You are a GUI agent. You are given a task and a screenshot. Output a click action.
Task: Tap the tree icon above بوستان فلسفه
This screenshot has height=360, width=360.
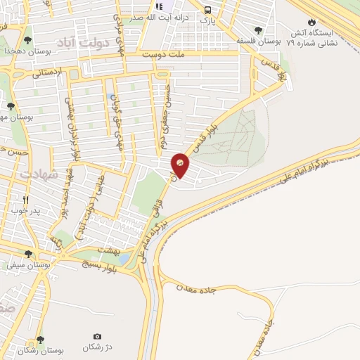[259, 30]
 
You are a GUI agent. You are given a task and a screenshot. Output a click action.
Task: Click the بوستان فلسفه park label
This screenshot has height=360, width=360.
[259, 42]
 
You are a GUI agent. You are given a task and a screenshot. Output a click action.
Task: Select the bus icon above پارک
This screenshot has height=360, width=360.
[207, 10]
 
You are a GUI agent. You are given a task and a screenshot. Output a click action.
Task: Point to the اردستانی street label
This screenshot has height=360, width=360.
[47, 72]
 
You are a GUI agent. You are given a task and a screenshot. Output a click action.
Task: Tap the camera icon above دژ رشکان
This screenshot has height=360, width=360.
[97, 337]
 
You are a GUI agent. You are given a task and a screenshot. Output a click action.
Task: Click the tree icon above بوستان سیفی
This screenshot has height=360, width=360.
[28, 254]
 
